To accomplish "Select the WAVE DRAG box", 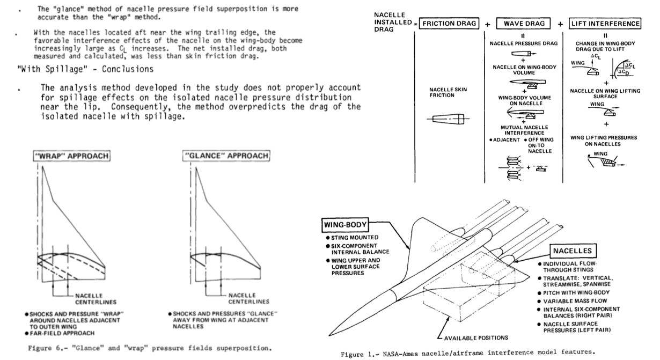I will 524,24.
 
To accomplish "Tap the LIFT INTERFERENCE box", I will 605,24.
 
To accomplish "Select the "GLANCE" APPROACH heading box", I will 226,156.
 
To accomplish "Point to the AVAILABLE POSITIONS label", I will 476,337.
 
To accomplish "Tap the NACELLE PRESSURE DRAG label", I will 524,43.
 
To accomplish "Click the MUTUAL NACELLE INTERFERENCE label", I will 524,130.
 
